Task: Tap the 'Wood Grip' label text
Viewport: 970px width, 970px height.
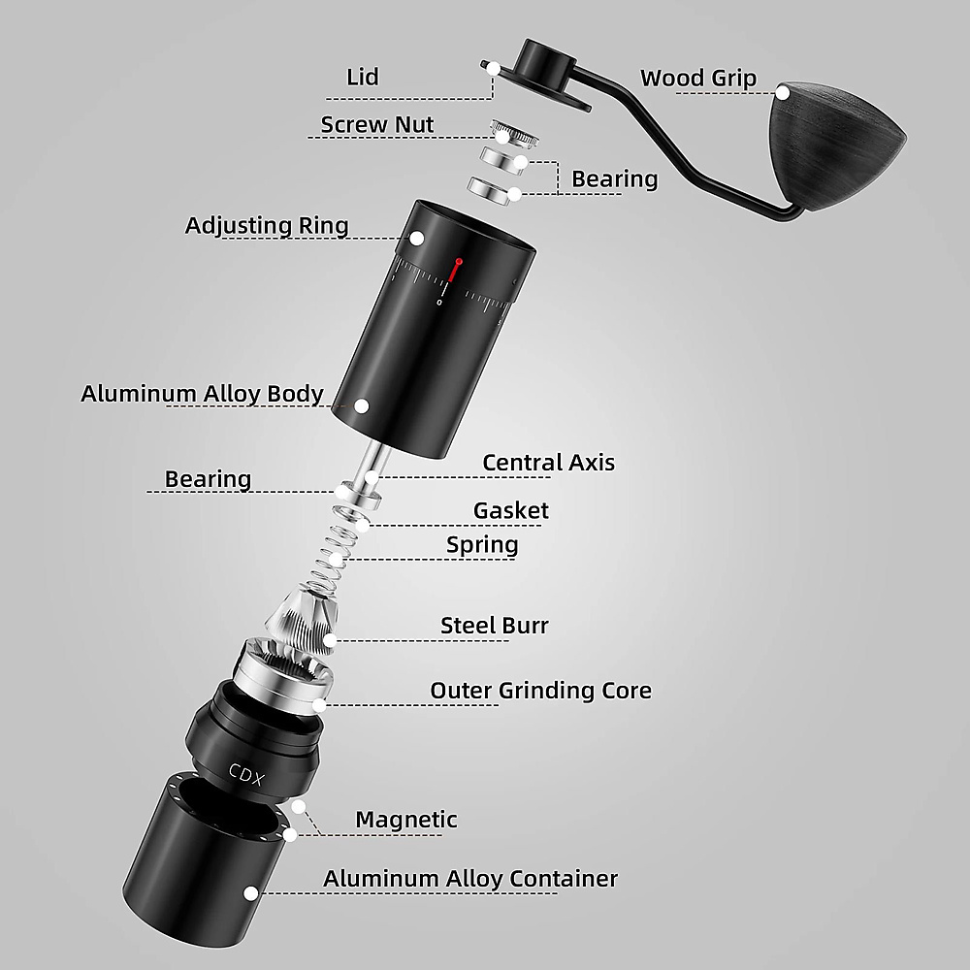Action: [697, 78]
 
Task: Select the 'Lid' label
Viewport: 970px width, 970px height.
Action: [363, 77]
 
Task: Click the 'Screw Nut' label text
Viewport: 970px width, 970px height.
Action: [376, 124]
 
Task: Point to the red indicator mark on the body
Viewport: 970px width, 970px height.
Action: [457, 269]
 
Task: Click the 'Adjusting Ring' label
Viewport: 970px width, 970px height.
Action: [267, 225]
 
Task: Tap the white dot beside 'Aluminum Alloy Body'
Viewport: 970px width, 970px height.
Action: [363, 405]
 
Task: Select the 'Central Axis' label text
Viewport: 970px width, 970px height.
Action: [549, 463]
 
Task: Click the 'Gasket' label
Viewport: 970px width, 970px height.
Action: [511, 510]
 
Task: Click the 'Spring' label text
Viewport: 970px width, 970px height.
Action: [482, 545]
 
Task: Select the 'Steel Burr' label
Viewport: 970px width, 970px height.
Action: [495, 626]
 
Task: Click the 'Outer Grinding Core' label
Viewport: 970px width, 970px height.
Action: [540, 691]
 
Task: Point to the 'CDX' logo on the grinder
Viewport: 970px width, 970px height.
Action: [246, 774]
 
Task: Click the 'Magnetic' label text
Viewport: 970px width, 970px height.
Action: [406, 820]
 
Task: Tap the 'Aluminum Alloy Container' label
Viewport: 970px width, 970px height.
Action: [470, 879]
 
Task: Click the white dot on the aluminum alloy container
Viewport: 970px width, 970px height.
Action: [250, 893]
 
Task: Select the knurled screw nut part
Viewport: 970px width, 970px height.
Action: [513, 134]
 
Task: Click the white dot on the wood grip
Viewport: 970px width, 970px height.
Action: [783, 93]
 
